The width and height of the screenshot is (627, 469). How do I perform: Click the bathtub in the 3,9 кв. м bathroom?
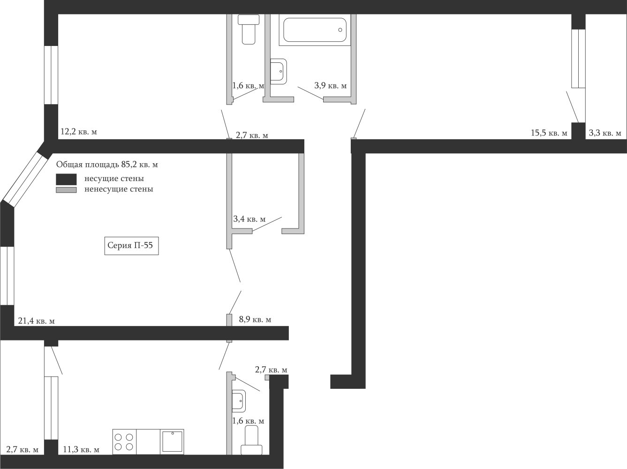315,30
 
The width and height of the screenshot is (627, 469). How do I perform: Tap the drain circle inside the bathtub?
340,30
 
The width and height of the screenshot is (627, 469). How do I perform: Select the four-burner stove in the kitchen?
125,441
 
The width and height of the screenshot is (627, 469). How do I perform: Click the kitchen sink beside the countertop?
172,441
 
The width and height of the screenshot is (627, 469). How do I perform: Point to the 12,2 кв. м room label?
79,132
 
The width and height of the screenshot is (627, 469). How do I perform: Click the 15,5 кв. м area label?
549,133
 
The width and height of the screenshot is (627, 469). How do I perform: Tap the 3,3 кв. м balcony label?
605,133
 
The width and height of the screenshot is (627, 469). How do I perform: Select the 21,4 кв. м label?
36,321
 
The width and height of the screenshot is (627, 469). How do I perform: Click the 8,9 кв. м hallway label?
255,319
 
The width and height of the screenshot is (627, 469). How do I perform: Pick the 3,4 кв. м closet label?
249,219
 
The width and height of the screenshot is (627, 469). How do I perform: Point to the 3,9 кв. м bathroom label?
331,85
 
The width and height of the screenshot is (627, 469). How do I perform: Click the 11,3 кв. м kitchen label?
81,450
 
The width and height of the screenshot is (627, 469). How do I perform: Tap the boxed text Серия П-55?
130,245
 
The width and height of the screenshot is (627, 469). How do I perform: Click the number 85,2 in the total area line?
130,165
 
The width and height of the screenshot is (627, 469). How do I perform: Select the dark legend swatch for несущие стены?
66,179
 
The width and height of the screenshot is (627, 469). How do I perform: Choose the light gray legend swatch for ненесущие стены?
66,190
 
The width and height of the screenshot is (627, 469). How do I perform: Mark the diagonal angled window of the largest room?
25,179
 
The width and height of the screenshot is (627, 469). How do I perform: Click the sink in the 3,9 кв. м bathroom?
279,71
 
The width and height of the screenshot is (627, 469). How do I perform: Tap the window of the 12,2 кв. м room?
51,75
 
